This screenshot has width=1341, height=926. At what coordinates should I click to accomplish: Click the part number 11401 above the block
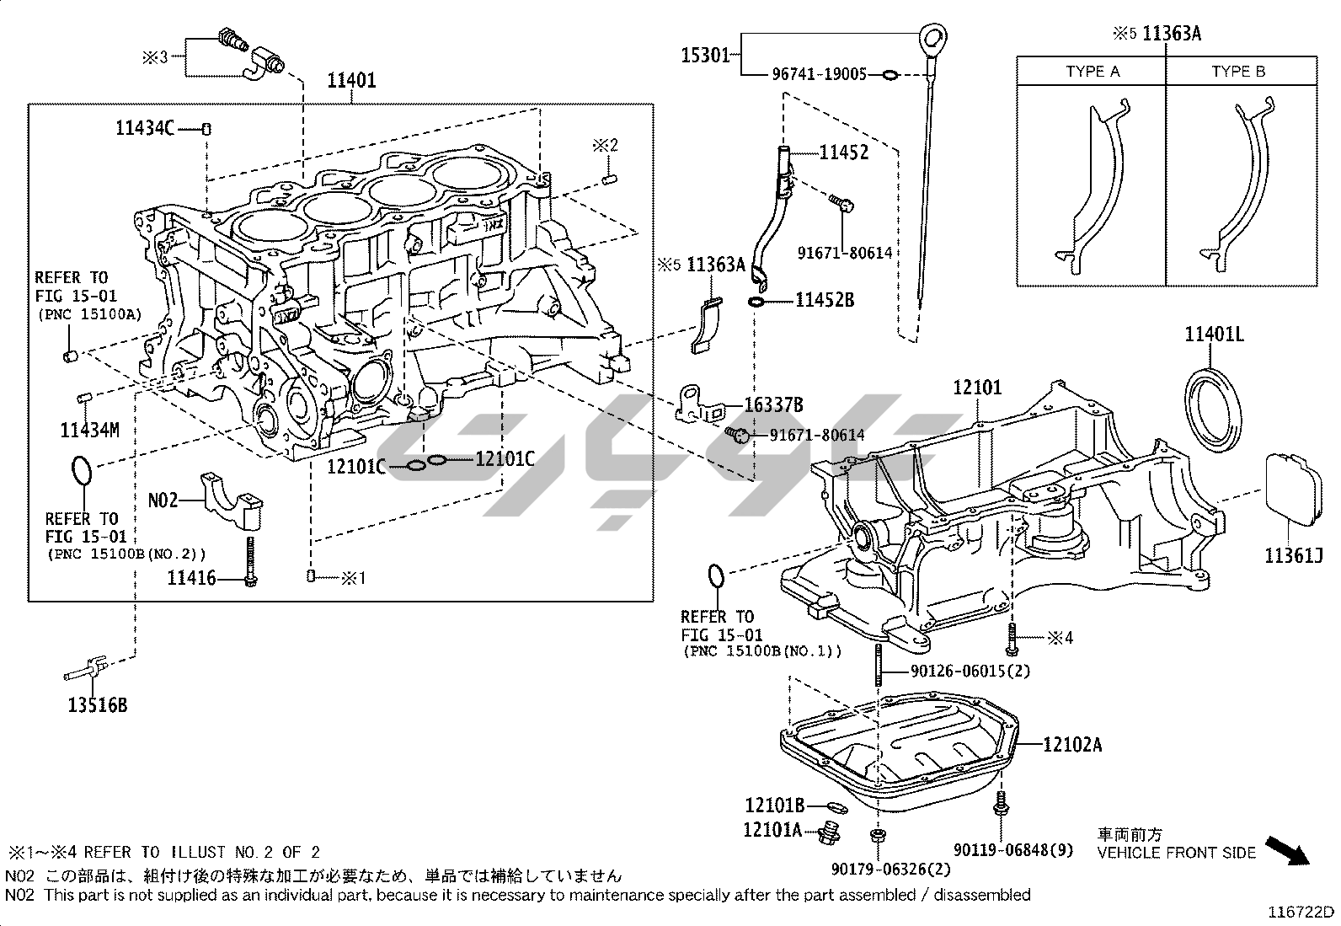351,81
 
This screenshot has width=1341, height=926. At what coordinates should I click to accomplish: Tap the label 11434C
145,128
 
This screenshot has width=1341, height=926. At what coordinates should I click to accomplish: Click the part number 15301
705,56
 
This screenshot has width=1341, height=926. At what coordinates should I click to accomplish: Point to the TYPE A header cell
1093,72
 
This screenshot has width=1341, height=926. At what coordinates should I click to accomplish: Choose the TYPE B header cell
1238,72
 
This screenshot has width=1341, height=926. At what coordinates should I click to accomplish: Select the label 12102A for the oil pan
1071,745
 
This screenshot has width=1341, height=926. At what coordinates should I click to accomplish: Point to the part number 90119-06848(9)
1013,850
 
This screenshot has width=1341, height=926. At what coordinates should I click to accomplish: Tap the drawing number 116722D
1302,913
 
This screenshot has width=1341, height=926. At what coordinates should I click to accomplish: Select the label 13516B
97,706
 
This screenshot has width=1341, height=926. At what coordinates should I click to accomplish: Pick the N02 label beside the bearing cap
163,500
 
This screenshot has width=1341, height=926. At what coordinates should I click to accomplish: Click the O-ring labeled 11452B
756,302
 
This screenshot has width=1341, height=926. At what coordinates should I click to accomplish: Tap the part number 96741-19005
819,75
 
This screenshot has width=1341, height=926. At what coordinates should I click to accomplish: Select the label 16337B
773,405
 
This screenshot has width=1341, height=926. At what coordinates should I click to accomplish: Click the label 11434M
89,431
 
